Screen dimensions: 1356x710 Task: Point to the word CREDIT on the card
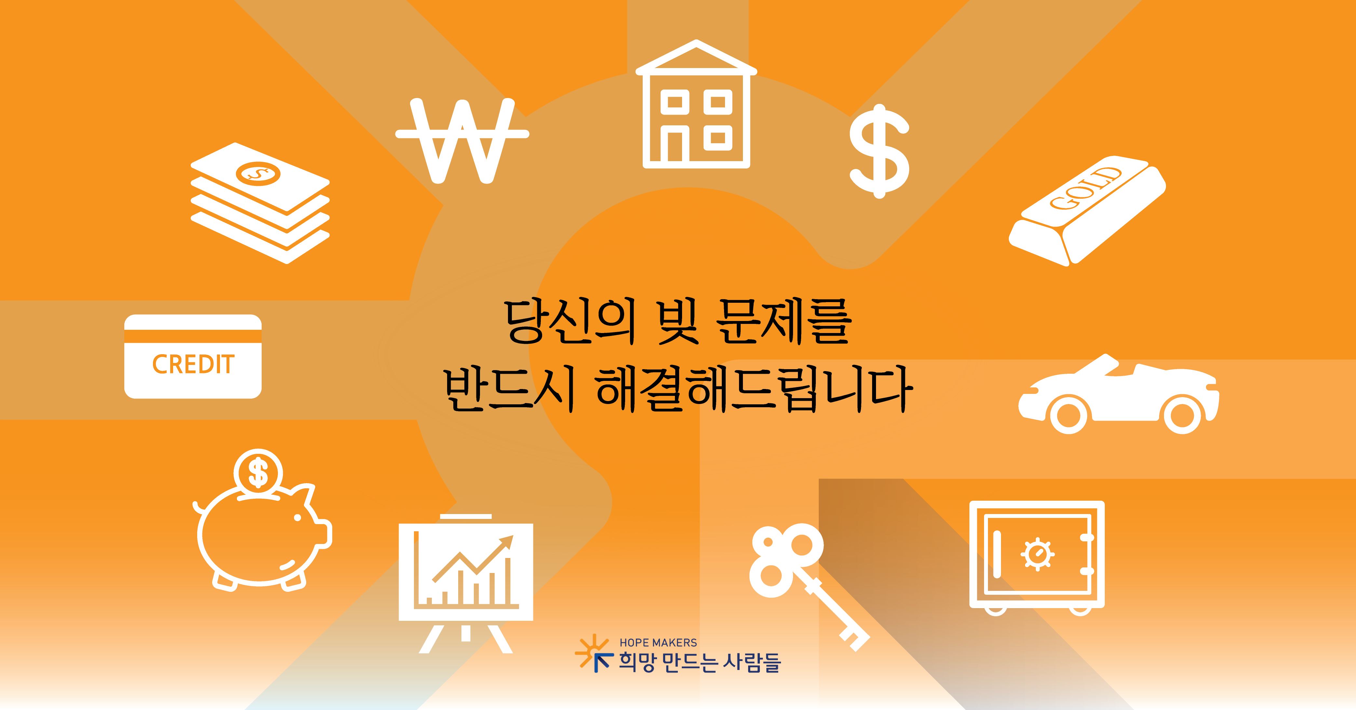[193, 364]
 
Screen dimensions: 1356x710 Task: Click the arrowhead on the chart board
[505, 542]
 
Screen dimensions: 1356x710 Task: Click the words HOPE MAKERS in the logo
[658, 643]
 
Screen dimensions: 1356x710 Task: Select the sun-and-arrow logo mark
[594, 653]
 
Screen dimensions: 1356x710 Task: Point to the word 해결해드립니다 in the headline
[753, 389]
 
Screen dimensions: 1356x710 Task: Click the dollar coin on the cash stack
[258, 173]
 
